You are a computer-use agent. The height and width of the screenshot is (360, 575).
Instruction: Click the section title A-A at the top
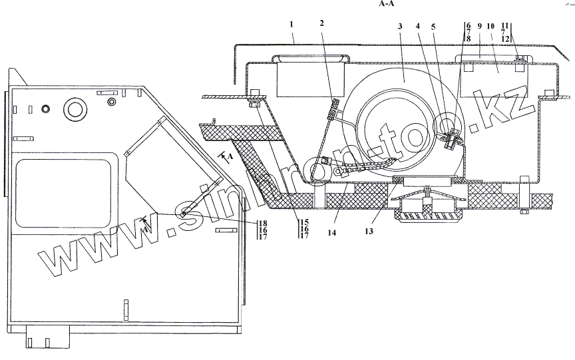(x=387, y=3)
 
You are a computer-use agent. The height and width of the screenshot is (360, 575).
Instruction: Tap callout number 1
(x=291, y=25)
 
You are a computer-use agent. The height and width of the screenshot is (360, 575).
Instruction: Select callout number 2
(x=321, y=24)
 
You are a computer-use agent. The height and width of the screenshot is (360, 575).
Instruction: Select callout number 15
(x=304, y=221)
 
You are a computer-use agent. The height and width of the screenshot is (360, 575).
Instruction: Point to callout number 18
(x=263, y=222)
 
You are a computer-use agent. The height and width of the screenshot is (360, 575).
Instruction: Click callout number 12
(x=505, y=39)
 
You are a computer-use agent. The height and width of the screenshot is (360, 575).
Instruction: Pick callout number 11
(x=505, y=25)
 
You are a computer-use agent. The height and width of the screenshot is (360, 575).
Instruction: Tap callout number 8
(x=469, y=39)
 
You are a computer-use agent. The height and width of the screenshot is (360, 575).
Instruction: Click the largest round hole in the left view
(x=75, y=108)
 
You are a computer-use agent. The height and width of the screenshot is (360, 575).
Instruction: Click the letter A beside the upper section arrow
(x=231, y=155)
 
